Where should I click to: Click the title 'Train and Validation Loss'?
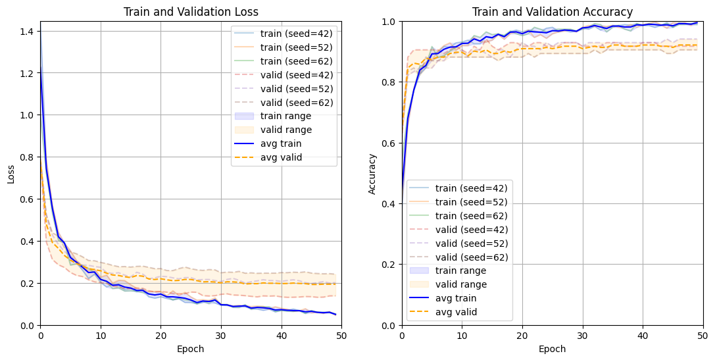[x=191, y=12]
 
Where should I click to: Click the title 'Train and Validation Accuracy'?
[x=552, y=12]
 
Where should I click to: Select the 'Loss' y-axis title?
[x=11, y=173]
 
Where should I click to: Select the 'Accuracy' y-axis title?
[x=372, y=173]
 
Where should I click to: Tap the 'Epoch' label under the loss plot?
[x=191, y=349]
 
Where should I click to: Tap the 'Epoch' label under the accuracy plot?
[x=552, y=349]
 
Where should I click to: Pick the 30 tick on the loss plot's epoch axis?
[x=221, y=336]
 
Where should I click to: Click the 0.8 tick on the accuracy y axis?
[x=387, y=82]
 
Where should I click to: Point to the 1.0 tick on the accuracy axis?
[x=387, y=22]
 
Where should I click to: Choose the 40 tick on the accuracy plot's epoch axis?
[x=643, y=336]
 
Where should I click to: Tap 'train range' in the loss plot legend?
[x=286, y=116]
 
